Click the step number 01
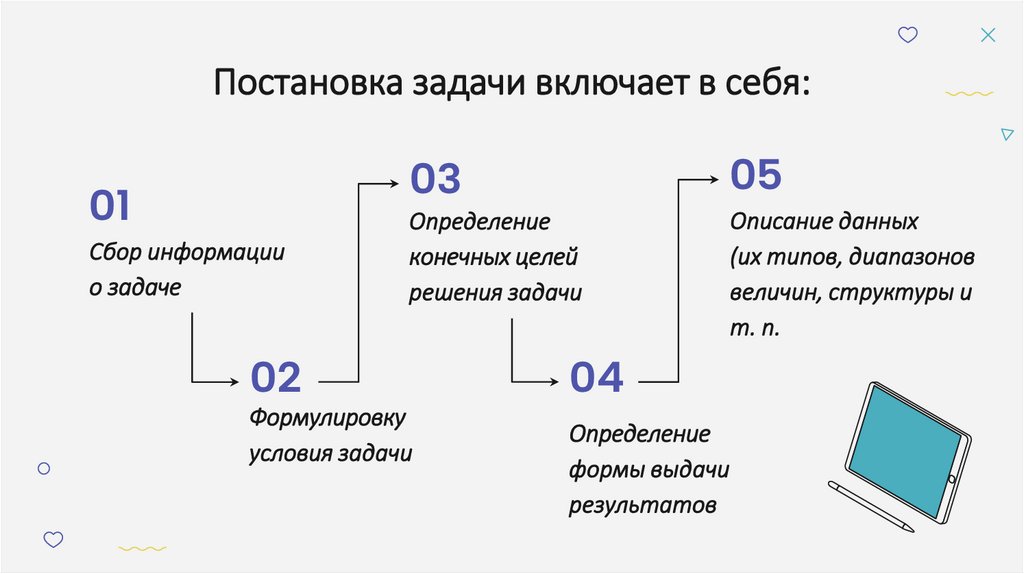point(110,207)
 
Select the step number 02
point(275,378)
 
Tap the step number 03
point(435,180)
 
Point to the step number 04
point(597,378)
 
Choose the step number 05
point(756,175)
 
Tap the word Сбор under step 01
point(111,252)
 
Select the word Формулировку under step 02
point(327,417)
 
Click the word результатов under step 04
point(643,505)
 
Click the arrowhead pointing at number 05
point(714,179)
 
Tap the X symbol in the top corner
point(987,35)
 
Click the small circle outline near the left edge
point(43,467)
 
